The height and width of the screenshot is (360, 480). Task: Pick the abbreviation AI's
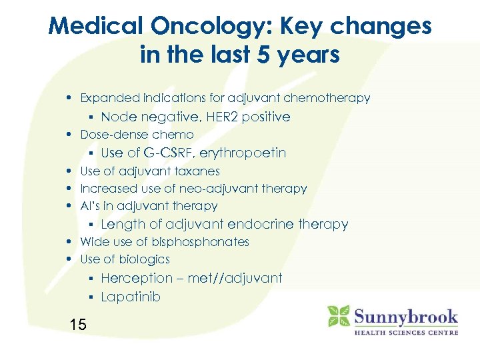click(x=90, y=206)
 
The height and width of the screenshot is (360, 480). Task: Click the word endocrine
click(x=261, y=225)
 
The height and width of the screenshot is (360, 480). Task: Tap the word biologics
click(x=143, y=259)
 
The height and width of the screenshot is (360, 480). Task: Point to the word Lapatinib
click(x=131, y=297)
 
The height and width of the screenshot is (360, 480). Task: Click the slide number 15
click(x=78, y=325)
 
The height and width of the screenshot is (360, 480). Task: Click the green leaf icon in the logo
click(x=339, y=316)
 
